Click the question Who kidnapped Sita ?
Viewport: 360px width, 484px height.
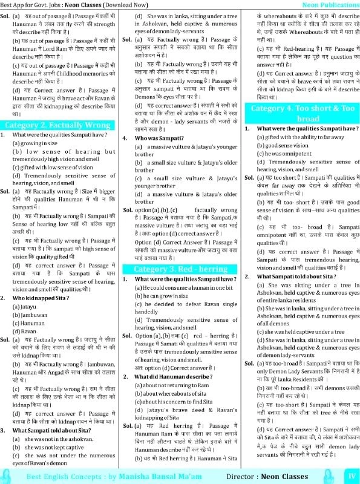point(39,298)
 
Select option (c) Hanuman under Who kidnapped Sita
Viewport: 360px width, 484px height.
point(27,323)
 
